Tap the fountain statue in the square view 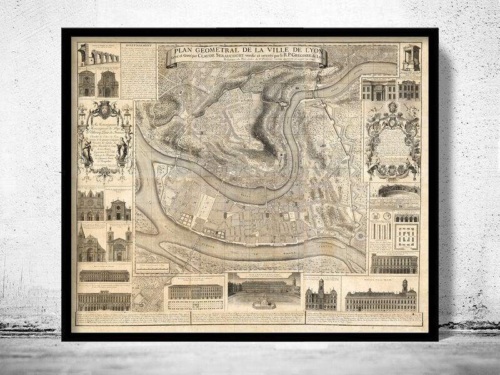(x=262, y=302)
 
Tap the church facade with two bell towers (x=119, y=244)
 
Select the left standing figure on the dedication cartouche (x=87, y=151)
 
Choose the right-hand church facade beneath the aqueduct (x=107, y=84)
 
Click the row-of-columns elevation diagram (x=380, y=230)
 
